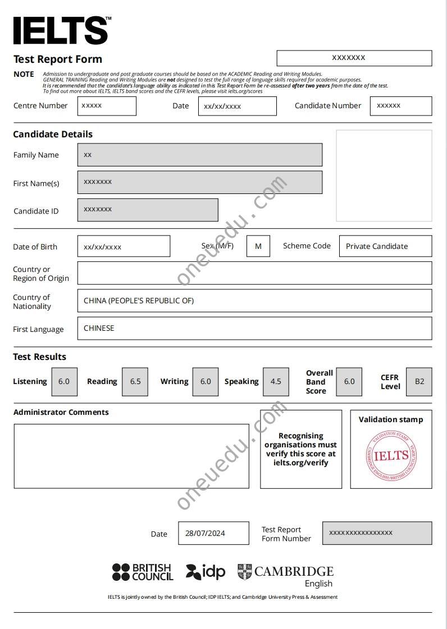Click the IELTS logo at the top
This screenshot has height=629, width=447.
[x=61, y=30]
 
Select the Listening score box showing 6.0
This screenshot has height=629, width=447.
[x=64, y=381]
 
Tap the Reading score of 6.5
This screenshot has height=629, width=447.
[x=135, y=381]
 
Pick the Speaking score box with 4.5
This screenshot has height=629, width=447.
[x=276, y=381]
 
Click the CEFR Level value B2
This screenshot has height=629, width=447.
[x=419, y=381]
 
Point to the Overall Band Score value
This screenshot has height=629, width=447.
[x=349, y=381]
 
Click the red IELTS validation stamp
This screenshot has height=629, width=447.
[x=391, y=455]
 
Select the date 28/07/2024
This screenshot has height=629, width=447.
[x=205, y=533]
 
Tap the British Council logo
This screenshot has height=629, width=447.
[x=143, y=572]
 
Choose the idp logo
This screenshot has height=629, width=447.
[x=206, y=572]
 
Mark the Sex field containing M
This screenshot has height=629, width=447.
[x=258, y=246]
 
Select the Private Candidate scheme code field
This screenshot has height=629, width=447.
[x=385, y=246]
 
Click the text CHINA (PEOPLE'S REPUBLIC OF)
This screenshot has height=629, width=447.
[x=139, y=300]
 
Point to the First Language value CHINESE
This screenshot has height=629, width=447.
[x=99, y=328]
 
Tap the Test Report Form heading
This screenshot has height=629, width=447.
[x=58, y=59]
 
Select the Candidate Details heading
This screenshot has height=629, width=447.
[x=53, y=134]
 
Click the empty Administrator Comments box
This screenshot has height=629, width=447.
[x=131, y=455]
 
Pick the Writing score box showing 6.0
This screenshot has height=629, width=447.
[x=206, y=381]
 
